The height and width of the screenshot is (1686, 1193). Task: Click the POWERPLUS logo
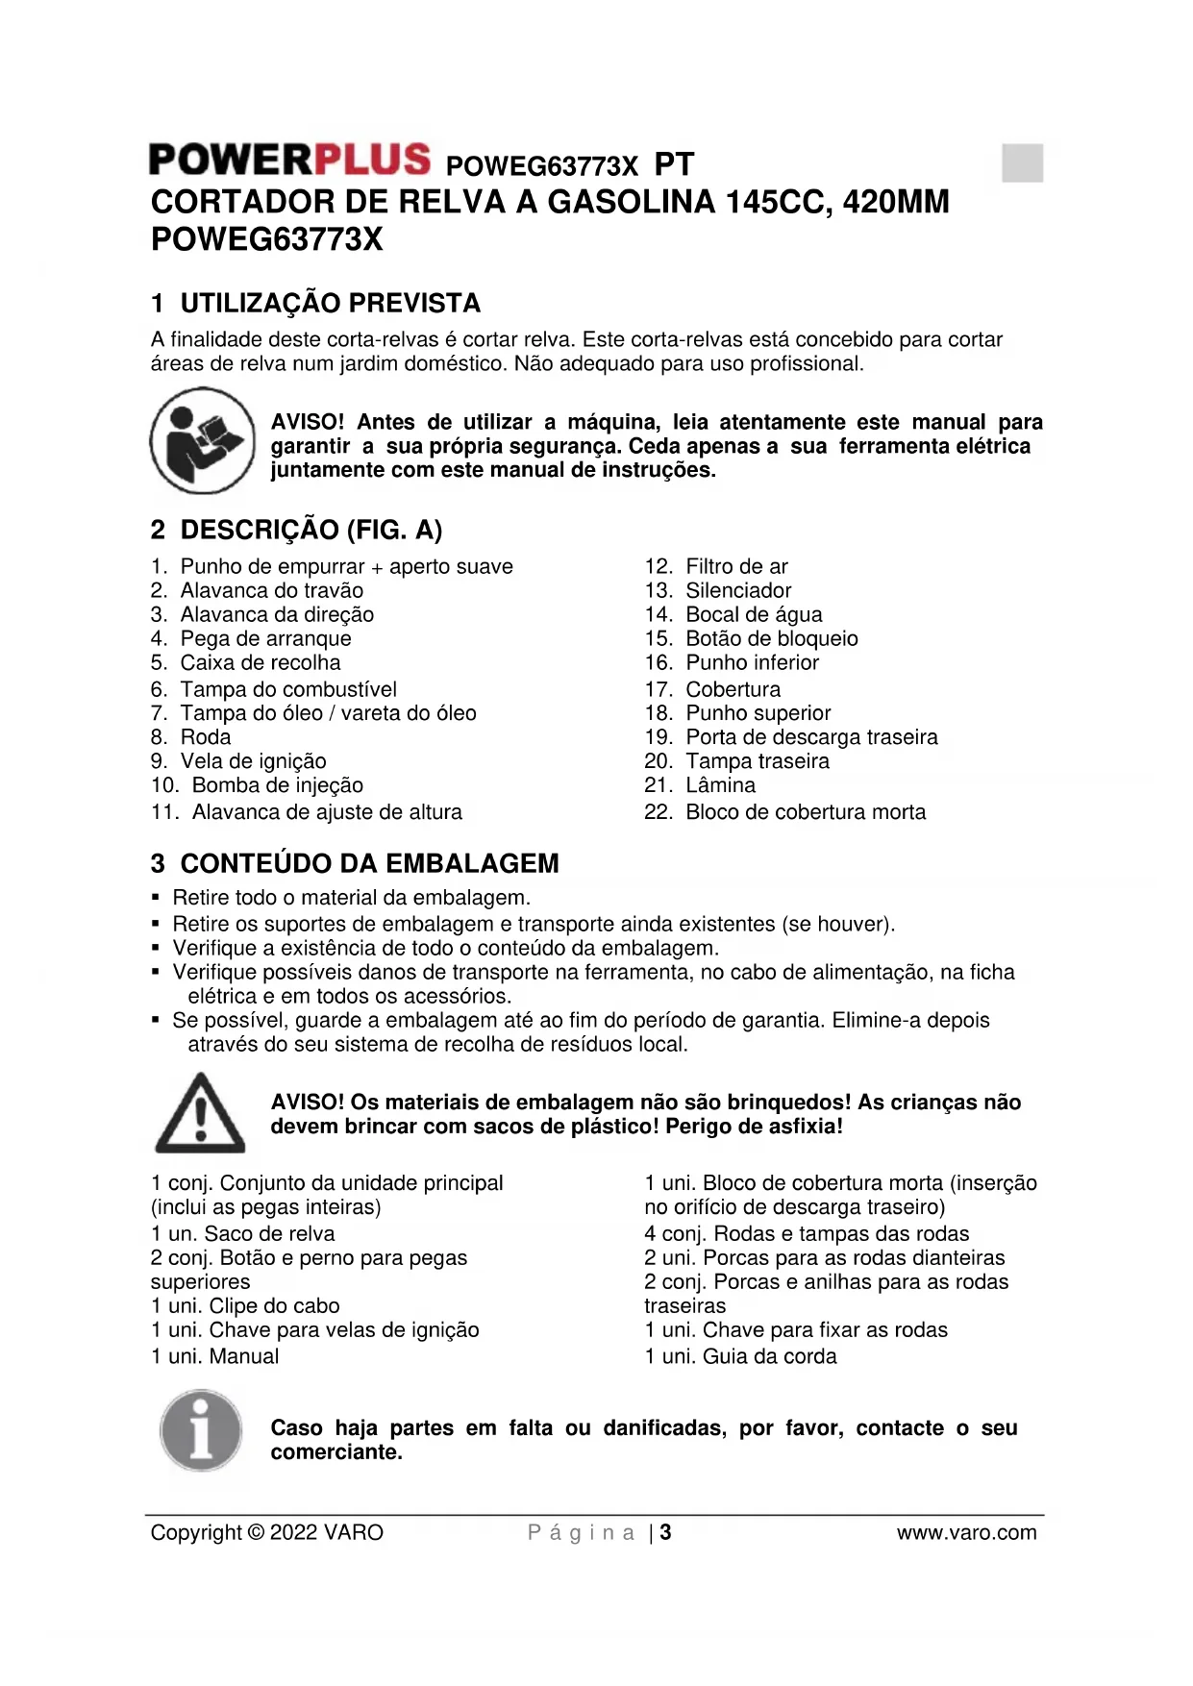289,160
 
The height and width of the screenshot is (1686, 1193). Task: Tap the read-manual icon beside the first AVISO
202,441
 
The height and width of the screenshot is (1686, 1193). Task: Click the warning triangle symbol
200,1114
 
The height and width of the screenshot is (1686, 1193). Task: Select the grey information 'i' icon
201,1430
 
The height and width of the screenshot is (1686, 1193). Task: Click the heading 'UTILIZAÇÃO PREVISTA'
330,304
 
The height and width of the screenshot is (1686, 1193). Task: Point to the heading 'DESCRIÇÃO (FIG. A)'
311,530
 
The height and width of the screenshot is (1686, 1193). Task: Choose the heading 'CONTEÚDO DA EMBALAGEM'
369,863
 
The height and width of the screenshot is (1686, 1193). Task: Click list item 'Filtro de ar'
736,567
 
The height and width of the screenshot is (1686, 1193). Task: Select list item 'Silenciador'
738,591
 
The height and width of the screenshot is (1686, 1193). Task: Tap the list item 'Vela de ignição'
253,761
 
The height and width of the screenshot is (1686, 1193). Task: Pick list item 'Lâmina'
720,785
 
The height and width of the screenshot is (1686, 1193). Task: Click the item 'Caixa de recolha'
260,663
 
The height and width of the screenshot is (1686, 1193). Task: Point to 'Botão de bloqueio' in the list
771,639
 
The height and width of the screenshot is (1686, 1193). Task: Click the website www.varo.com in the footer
966,1533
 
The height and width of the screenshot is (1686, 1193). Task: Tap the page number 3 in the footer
666,1533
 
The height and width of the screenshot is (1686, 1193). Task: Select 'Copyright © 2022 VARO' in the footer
267,1533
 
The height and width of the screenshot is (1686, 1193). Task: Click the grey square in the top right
1022,162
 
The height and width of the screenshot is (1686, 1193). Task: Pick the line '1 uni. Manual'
215,1356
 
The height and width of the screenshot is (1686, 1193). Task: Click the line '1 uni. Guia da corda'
740,1356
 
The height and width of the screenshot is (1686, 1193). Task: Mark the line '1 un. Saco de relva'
243,1234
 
